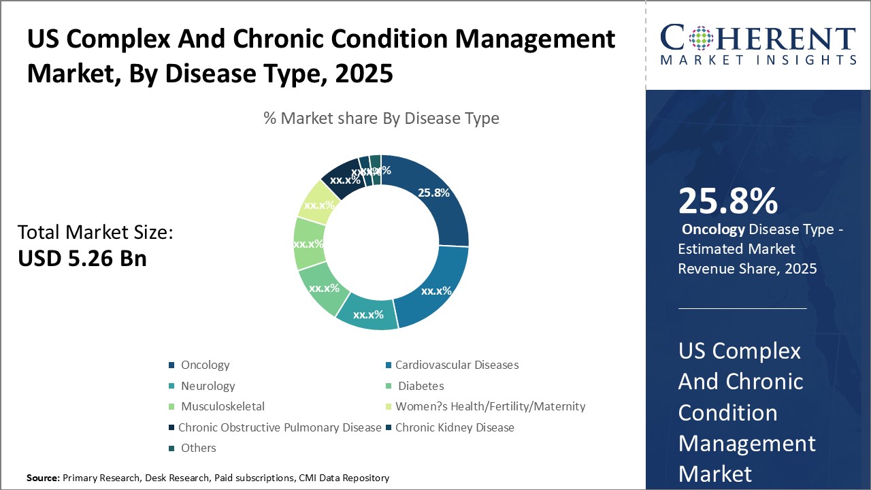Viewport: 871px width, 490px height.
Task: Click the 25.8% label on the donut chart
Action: point(434,193)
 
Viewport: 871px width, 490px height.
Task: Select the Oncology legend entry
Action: point(205,365)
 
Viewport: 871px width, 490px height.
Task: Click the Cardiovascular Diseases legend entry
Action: point(457,365)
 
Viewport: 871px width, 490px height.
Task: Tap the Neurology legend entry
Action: point(208,386)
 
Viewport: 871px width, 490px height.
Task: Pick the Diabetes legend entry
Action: point(421,386)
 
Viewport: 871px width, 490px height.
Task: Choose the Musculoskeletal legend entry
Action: point(223,406)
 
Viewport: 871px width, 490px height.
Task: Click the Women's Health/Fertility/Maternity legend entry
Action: point(490,406)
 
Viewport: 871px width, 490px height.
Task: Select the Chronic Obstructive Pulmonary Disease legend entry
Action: point(279,427)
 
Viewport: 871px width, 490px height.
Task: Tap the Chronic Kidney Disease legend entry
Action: point(455,427)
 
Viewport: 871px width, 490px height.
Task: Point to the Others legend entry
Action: point(198,448)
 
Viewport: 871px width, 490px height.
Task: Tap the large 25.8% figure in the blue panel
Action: point(727,201)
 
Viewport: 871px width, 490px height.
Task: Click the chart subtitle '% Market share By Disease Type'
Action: point(381,118)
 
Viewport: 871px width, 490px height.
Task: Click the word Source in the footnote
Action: point(42,478)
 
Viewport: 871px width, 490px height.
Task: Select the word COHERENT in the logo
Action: point(758,37)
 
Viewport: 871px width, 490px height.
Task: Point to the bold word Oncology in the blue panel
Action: point(713,229)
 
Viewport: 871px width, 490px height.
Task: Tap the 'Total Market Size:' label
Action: point(95,233)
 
